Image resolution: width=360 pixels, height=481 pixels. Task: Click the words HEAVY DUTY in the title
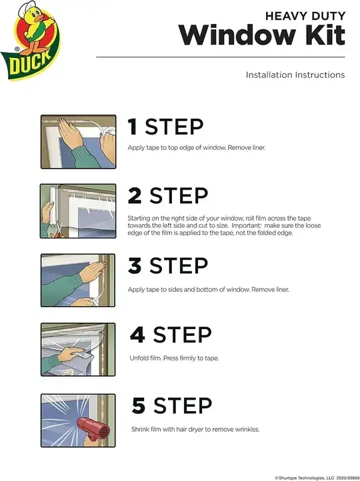point(305,14)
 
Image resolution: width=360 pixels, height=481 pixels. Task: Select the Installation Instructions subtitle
point(295,75)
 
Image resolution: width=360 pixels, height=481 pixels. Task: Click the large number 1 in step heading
point(133,127)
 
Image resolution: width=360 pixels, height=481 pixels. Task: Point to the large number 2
point(135,196)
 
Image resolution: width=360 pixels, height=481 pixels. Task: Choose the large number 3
point(135,266)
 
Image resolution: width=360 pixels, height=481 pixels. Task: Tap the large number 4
point(137,334)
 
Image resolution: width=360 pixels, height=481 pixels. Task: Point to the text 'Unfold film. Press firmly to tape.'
point(174,358)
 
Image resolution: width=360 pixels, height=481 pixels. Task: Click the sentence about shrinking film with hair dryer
point(194,429)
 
